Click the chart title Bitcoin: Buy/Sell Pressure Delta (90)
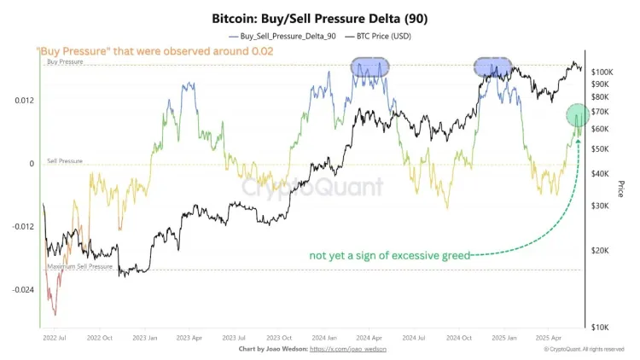(x=319, y=17)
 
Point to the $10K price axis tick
(x=601, y=328)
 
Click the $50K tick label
(x=601, y=148)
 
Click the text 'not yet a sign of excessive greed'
(x=388, y=254)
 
